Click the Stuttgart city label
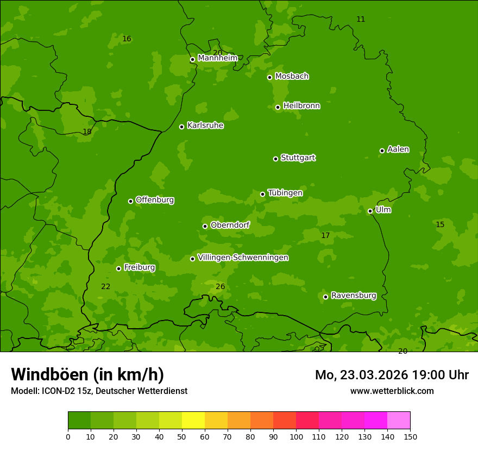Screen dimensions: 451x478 tap(298, 158)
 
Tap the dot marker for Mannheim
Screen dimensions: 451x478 tap(192, 60)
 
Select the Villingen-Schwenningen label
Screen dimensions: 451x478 tap(243, 258)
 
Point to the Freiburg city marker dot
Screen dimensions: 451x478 tap(118, 268)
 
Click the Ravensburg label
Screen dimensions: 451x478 tap(353, 296)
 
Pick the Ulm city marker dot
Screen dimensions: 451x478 tap(370, 211)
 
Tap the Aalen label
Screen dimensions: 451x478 tap(398, 149)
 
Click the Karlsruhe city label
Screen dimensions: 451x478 tap(205, 126)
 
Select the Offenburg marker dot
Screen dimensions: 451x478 tap(130, 201)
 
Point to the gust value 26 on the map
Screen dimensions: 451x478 tap(220, 287)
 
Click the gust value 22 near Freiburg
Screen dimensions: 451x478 tap(105, 287)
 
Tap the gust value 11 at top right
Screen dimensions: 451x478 tap(361, 20)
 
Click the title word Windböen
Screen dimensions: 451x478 tap(49, 375)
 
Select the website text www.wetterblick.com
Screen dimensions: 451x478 tap(392, 391)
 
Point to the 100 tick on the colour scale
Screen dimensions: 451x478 tap(296, 436)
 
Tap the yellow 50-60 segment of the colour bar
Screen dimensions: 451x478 tap(193, 421)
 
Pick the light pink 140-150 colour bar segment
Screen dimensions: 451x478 tap(399, 421)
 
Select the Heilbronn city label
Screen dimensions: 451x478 tap(301, 106)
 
